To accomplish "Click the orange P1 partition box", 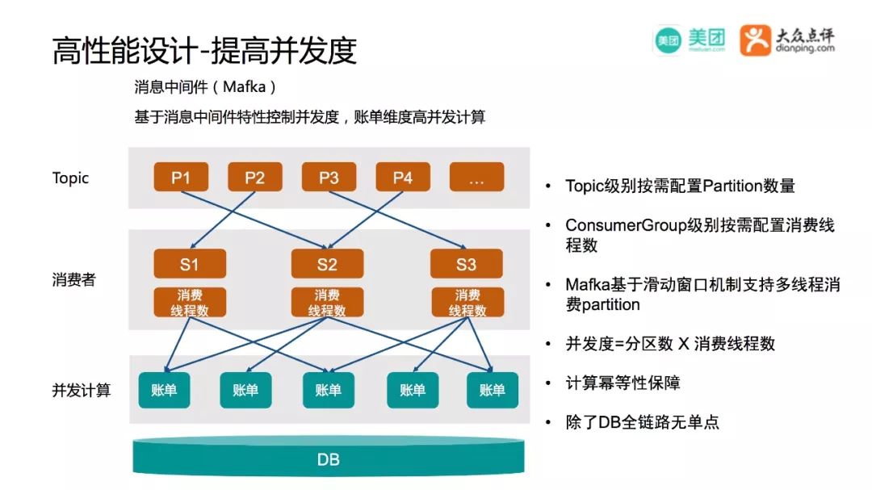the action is click(181, 177).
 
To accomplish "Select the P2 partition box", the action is click(254, 177).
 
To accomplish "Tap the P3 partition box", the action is click(329, 177).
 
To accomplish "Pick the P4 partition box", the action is click(403, 177).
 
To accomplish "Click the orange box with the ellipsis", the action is click(476, 177).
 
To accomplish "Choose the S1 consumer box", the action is click(190, 264).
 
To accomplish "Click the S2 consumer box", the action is click(328, 264).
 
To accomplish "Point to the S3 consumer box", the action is click(467, 264).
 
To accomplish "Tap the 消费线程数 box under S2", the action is click(328, 302).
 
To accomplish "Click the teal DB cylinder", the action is click(328, 457).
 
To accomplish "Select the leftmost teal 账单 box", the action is click(164, 390).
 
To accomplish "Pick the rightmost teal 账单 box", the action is click(493, 390).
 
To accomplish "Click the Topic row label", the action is click(70, 178).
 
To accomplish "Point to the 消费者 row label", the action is click(74, 279).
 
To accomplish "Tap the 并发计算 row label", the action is click(82, 390).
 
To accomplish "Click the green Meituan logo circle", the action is click(668, 40).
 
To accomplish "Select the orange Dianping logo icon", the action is click(755, 40).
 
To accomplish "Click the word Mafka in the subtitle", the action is click(244, 86).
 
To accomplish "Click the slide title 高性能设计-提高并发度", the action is click(204, 51).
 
